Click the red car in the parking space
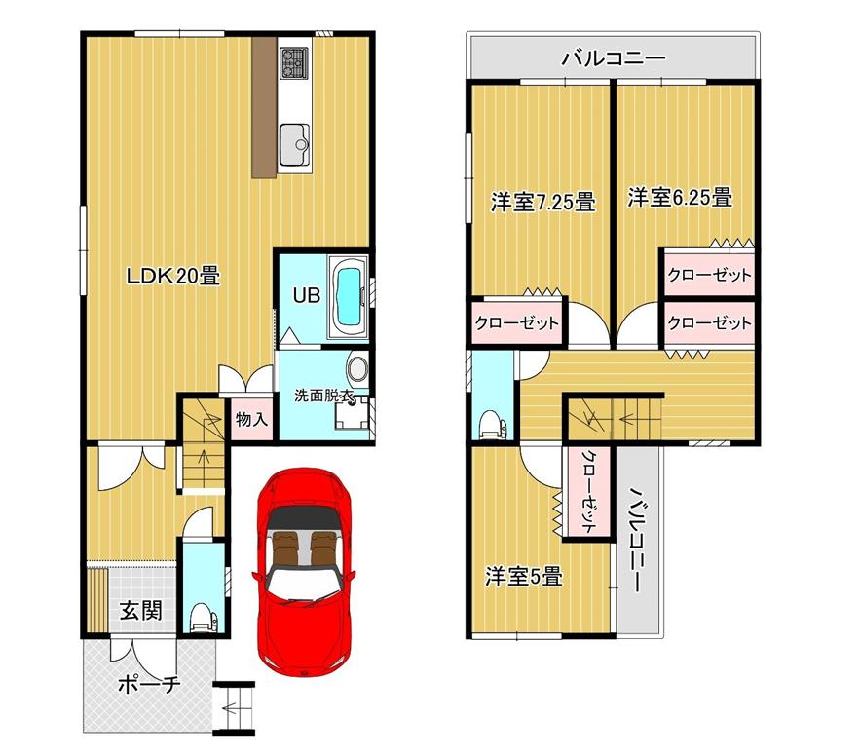(x=303, y=572)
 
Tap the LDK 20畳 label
(x=173, y=276)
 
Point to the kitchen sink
(x=295, y=145)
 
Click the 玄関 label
(x=141, y=610)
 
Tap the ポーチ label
(x=149, y=684)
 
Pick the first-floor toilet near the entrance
(x=203, y=619)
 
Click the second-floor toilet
(x=492, y=425)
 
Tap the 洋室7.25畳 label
(x=543, y=202)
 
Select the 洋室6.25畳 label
(x=680, y=198)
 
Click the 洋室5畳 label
(x=524, y=577)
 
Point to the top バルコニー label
(x=613, y=57)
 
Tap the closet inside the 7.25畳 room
(x=516, y=322)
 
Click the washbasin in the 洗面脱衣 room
(x=357, y=369)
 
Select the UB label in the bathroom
(x=306, y=295)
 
